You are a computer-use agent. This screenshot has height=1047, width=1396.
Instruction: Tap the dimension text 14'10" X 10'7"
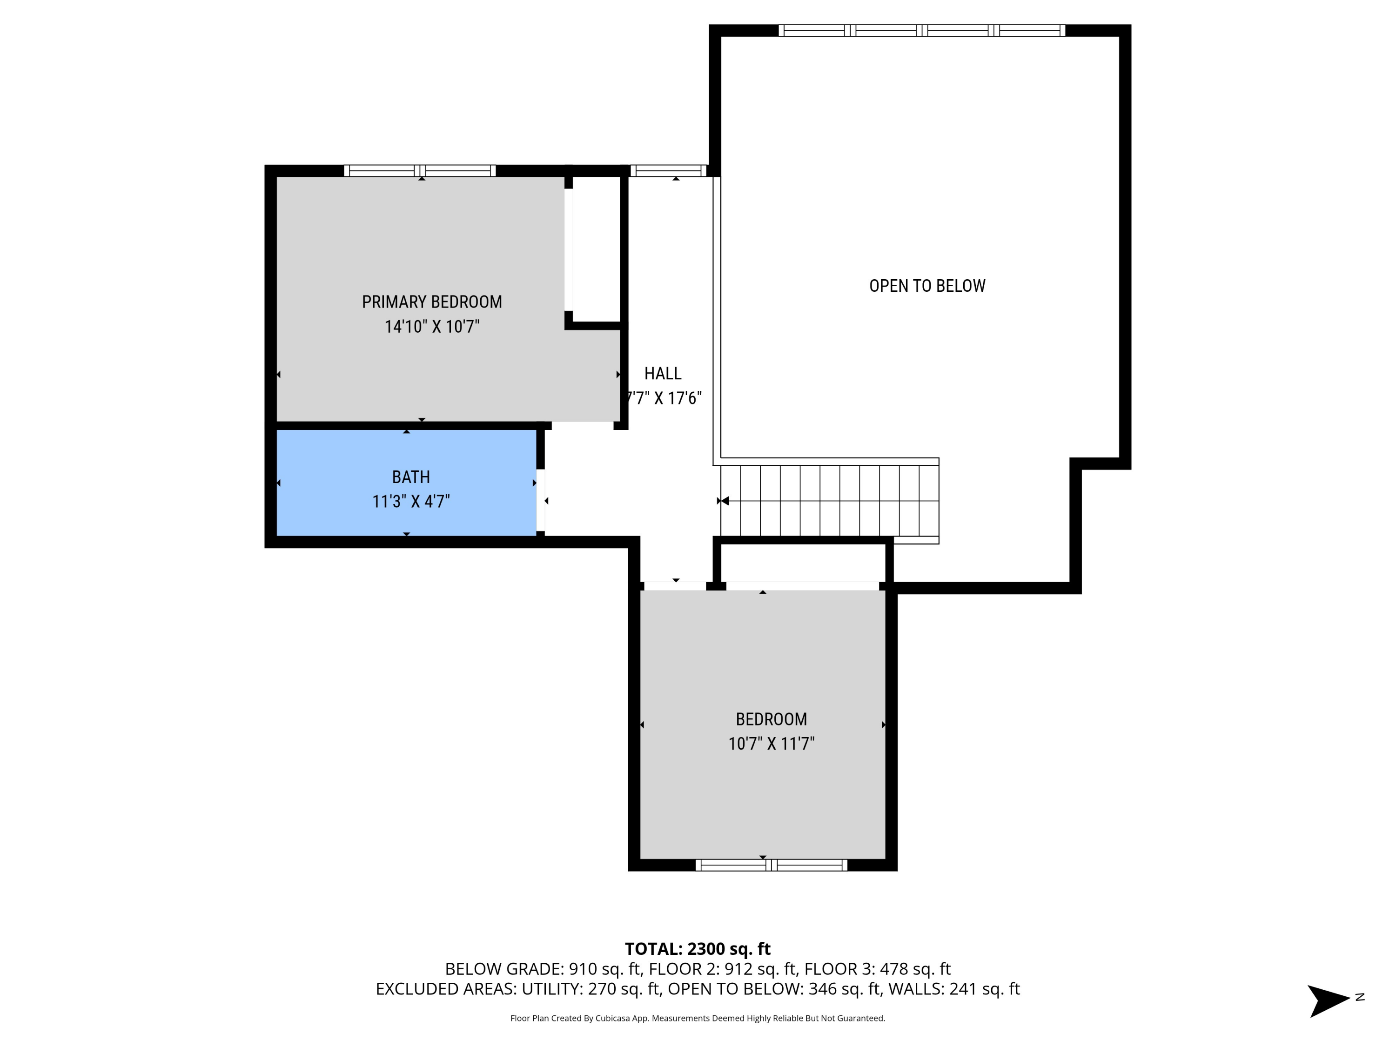point(432,326)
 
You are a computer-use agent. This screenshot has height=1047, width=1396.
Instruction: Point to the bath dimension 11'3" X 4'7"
point(411,501)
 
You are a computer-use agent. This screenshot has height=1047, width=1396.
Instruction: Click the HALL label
point(663,373)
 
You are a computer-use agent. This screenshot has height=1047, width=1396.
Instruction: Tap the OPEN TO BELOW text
point(926,286)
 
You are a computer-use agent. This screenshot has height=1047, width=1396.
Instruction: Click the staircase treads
point(829,500)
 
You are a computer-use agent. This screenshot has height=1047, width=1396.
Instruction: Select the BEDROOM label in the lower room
point(771,719)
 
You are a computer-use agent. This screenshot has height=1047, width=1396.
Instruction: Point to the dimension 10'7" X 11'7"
point(771,744)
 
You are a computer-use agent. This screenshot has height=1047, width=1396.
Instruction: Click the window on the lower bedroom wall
point(771,865)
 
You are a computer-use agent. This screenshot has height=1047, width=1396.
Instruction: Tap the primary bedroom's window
point(420,170)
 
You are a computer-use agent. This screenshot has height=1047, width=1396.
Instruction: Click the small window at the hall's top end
point(668,170)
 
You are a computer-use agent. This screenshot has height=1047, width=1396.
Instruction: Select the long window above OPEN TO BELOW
point(921,30)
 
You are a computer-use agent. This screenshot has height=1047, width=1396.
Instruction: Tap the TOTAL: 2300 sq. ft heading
point(698,948)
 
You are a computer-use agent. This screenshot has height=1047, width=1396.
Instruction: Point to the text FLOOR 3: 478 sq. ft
point(877,969)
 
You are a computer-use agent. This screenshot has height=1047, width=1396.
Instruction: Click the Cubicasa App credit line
point(698,1018)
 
